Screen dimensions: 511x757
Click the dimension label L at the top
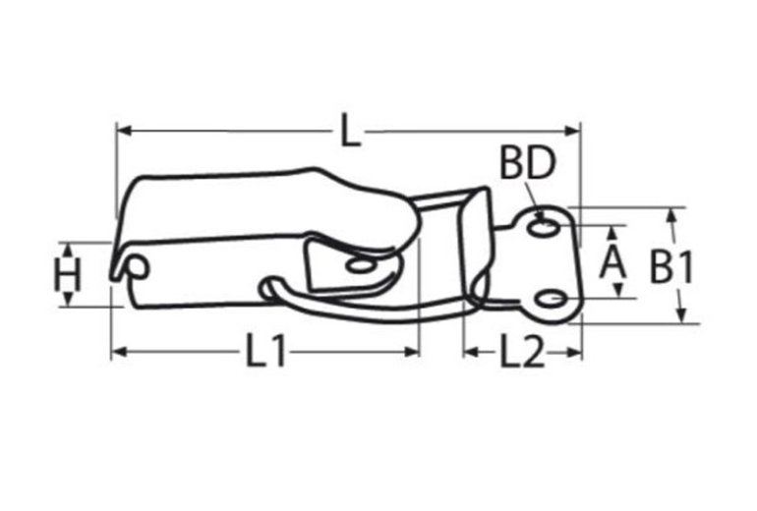pos(349,131)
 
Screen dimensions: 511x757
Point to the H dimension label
pos(67,275)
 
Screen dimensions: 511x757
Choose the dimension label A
pos(613,262)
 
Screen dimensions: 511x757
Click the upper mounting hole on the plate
pos(542,229)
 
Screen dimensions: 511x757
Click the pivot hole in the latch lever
pos(360,265)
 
